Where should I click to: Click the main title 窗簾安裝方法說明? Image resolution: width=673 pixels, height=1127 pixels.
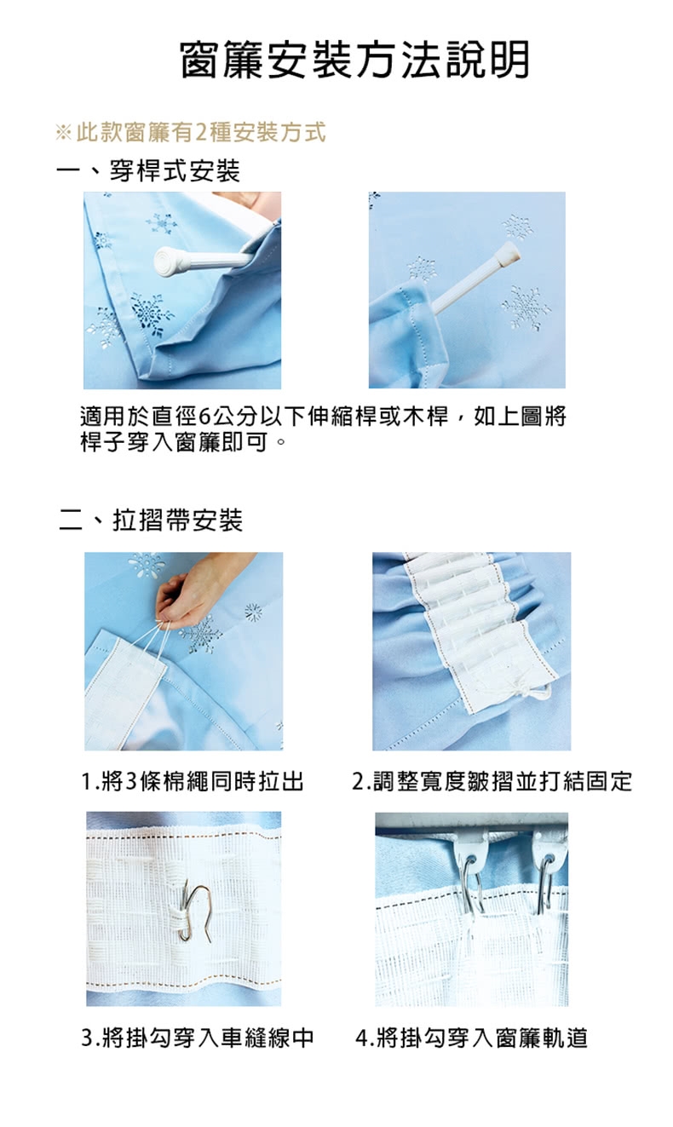(354, 60)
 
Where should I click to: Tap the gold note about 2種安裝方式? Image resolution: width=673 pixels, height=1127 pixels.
(191, 132)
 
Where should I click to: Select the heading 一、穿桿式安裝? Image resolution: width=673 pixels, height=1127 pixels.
(149, 170)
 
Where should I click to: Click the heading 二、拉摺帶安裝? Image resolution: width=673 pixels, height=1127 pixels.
(151, 520)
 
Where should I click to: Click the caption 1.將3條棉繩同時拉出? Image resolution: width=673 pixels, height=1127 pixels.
(193, 781)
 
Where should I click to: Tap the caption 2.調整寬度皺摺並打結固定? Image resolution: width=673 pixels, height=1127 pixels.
(492, 781)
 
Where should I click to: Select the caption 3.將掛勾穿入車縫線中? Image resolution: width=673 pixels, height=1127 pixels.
(198, 1038)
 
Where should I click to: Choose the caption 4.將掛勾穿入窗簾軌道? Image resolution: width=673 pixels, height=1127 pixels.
(471, 1038)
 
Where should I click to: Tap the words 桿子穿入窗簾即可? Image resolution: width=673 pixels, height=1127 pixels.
(174, 443)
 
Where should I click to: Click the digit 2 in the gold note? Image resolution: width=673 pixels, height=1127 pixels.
(201, 133)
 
